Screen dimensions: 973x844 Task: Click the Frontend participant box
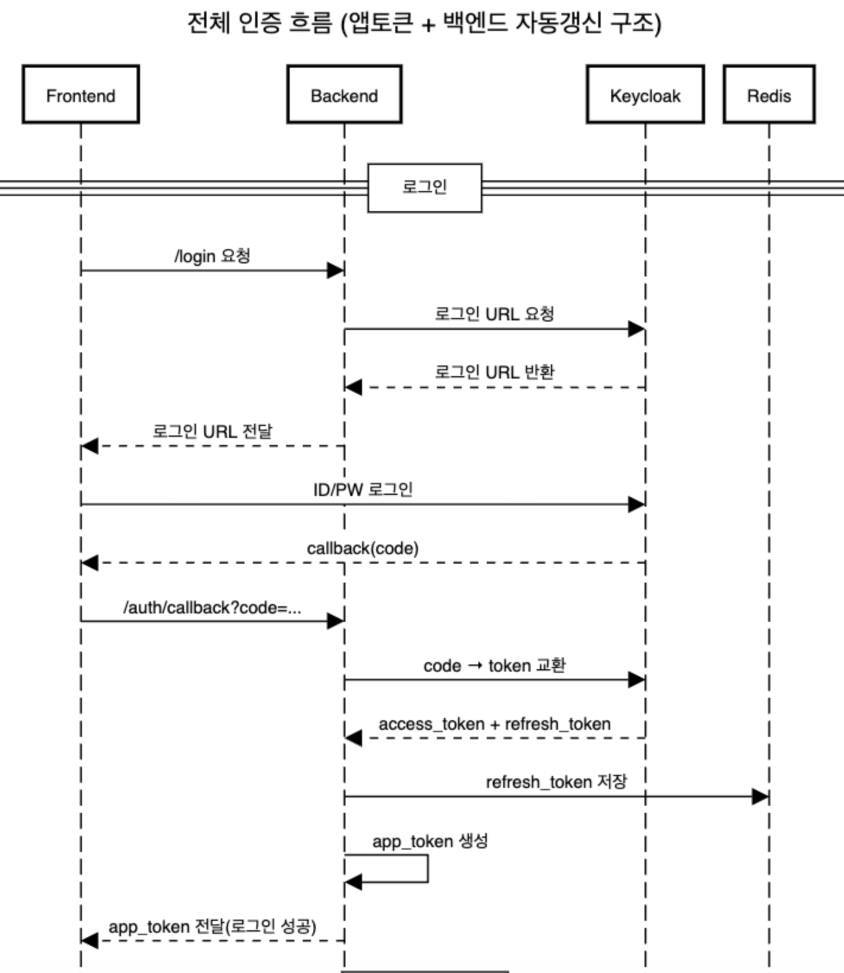[x=81, y=95]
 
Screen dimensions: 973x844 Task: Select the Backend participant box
[x=344, y=95]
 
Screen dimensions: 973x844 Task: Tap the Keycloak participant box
[x=645, y=95]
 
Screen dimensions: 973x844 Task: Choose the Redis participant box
[x=769, y=95]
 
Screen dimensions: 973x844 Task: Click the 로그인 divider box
[x=424, y=187]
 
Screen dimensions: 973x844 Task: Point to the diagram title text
[x=424, y=24]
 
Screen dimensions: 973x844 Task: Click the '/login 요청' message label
[x=212, y=256]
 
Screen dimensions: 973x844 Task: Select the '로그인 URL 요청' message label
[x=494, y=314]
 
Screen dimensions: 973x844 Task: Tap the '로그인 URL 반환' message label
[x=494, y=372]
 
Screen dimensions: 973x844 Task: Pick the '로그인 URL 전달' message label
[x=212, y=431]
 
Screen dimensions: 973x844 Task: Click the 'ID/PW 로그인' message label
[x=363, y=489]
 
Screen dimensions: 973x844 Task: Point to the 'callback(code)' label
[x=363, y=548]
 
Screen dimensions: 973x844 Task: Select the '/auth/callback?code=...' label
[x=212, y=608]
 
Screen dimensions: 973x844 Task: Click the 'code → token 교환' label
[x=494, y=666]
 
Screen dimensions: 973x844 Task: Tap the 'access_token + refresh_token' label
[x=494, y=724]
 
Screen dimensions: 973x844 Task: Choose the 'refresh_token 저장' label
[x=556, y=782]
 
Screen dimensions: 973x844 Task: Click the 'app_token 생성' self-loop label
[x=430, y=841]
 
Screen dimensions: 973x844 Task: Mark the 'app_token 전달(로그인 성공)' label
[x=212, y=927]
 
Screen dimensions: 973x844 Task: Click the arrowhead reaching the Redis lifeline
[x=760, y=797]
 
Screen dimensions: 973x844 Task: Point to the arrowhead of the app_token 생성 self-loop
[x=353, y=882]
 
